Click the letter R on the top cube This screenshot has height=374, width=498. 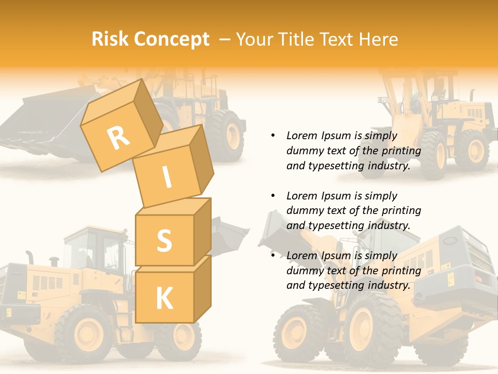point(118,138)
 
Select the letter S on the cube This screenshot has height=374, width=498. point(164,240)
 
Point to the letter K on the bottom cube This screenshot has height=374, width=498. point(164,298)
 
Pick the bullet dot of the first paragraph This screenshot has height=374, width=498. point(273,136)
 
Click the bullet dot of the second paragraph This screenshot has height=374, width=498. point(273,196)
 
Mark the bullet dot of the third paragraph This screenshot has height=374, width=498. point(273,256)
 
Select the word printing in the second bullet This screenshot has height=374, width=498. point(402,210)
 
